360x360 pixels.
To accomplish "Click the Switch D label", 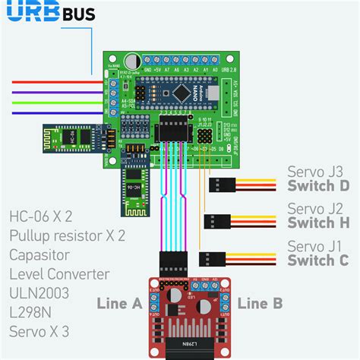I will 317,186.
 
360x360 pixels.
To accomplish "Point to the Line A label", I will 119,303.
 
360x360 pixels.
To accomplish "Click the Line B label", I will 260,303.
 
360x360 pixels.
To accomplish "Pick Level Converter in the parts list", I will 59,273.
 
